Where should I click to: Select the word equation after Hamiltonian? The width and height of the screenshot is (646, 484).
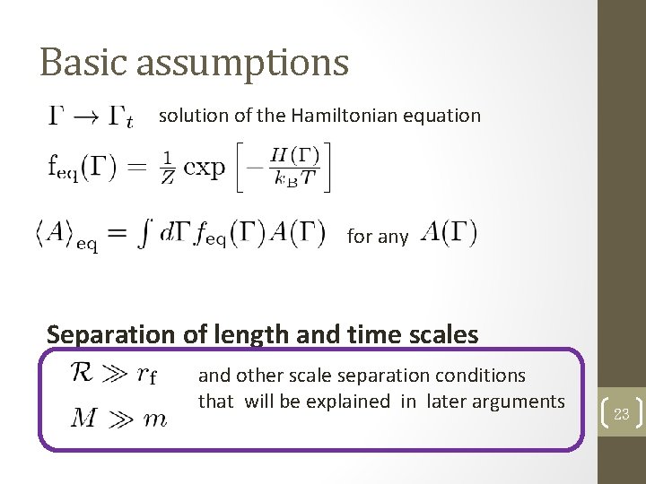tap(442, 116)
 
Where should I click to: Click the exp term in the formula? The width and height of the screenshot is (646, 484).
tap(204, 167)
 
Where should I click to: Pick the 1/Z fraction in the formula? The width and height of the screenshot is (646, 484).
tap(167, 167)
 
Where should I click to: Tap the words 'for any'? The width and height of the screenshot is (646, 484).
tap(377, 237)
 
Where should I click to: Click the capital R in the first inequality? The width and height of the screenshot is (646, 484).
tap(83, 374)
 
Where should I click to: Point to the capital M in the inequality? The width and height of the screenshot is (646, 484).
tap(83, 419)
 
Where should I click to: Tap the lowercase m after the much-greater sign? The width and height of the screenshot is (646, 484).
tap(156, 421)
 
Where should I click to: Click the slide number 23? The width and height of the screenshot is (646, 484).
tap(622, 414)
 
